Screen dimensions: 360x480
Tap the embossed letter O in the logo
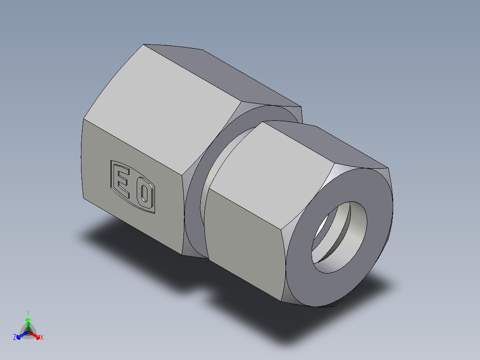coord(143,194)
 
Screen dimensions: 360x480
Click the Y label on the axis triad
coord(28,313)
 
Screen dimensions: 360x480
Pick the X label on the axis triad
coord(42,338)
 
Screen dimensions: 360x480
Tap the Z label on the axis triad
coord(15,338)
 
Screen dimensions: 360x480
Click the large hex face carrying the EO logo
coord(134,187)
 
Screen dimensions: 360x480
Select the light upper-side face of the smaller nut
coord(272,165)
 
